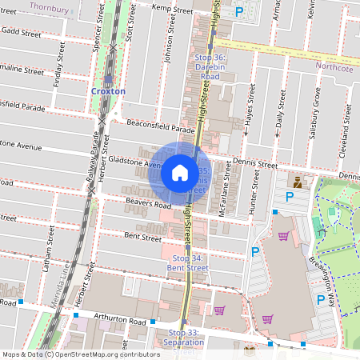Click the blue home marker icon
point(180,172)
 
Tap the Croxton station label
point(108,91)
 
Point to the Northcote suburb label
point(334,67)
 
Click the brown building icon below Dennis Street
point(298,181)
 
